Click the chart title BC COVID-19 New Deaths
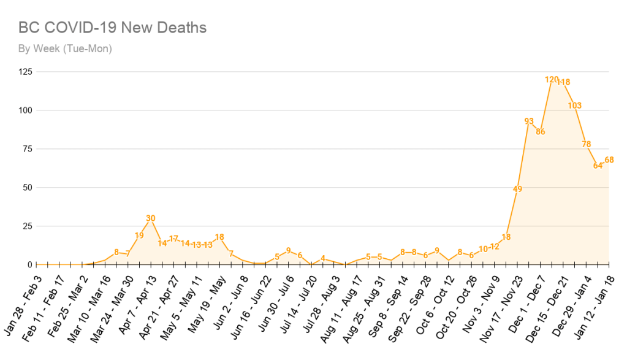[112, 28]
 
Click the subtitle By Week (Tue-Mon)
[64, 48]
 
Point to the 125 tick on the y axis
[25, 72]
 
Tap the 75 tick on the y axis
[28, 149]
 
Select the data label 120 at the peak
[552, 80]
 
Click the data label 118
[564, 82]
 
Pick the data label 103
[575, 105]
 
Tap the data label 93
[529, 121]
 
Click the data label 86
[541, 131]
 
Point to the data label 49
[518, 189]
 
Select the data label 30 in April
[151, 218]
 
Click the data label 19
[139, 235]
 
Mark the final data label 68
[609, 160]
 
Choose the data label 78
[587, 144]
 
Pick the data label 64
[598, 166]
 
